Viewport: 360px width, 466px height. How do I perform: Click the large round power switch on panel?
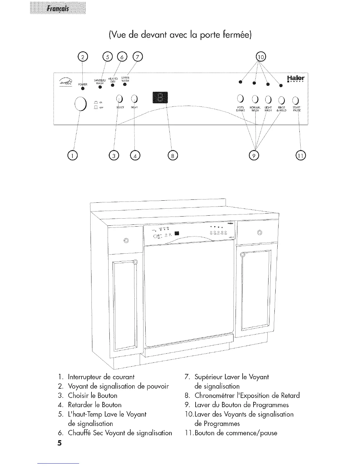(80, 104)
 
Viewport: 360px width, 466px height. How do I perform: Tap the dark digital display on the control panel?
(160, 98)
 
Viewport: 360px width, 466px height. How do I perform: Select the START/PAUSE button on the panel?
(296, 100)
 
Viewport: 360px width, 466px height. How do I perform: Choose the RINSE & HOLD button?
(282, 100)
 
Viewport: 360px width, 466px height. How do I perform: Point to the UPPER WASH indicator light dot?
(125, 85)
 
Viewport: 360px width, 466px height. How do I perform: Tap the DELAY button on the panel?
(134, 99)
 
